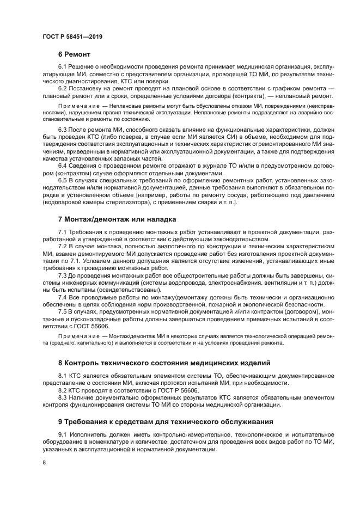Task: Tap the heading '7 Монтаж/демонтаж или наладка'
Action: click(x=117, y=219)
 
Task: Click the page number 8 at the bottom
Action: click(x=45, y=462)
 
